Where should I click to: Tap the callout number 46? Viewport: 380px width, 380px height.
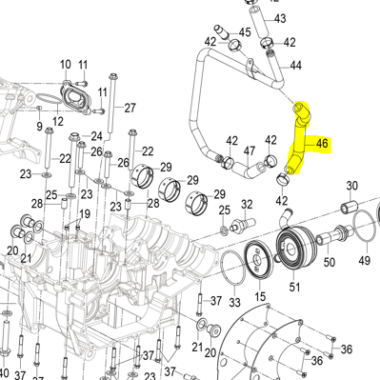click(322, 144)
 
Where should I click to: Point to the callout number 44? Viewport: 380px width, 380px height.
click(296, 65)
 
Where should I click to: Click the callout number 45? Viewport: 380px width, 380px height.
click(246, 32)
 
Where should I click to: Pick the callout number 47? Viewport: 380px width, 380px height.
click(250, 150)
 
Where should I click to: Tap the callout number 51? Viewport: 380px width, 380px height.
click(293, 286)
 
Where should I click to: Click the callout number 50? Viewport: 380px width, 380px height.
click(330, 262)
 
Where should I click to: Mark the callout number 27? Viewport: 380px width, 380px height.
click(130, 107)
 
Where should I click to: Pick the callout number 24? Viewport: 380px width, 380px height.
click(97, 136)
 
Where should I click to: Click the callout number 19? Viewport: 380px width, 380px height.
click(84, 214)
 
